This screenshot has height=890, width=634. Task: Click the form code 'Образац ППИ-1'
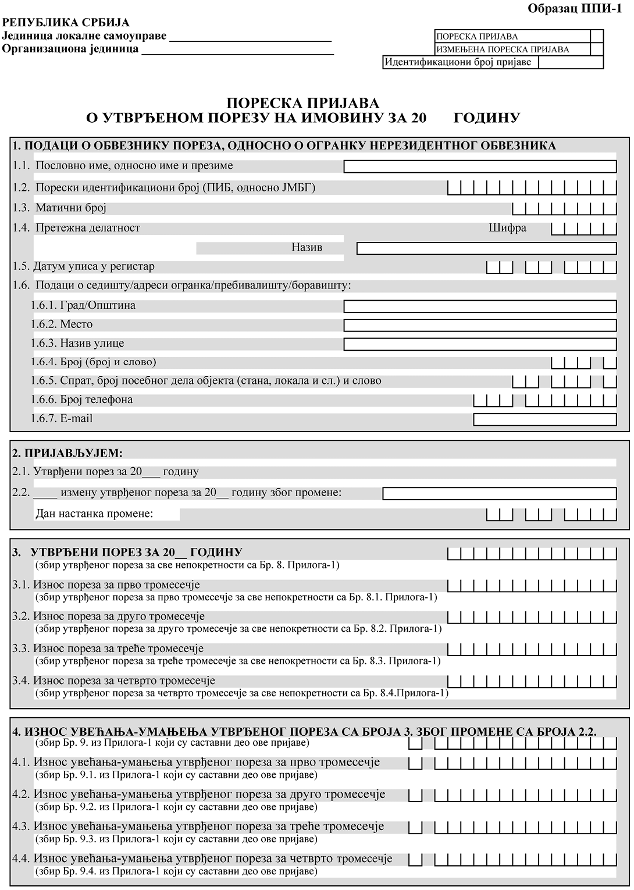tap(575, 9)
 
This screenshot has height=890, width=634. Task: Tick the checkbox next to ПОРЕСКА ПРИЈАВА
tap(596, 36)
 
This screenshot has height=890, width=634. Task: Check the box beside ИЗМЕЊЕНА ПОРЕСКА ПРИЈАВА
tap(596, 49)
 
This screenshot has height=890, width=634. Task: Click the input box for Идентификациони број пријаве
tap(571, 62)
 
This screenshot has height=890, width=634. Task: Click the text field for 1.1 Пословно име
tap(480, 167)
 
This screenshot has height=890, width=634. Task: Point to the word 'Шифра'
tap(507, 228)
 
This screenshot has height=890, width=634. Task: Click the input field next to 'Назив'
tap(486, 248)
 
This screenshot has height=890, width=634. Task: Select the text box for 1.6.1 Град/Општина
tap(480, 307)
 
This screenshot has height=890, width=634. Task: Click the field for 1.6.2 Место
tap(480, 325)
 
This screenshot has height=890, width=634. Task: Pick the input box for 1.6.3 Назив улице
tap(480, 344)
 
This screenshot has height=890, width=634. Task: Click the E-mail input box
tap(545, 419)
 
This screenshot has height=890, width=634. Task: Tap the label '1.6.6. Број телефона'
tap(81, 400)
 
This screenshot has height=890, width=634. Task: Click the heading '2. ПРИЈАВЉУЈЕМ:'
tap(67, 453)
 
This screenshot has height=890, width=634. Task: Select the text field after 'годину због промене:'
tap(499, 494)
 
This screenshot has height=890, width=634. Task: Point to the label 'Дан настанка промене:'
tap(94, 514)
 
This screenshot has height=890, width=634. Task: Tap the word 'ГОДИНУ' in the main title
tap(486, 118)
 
